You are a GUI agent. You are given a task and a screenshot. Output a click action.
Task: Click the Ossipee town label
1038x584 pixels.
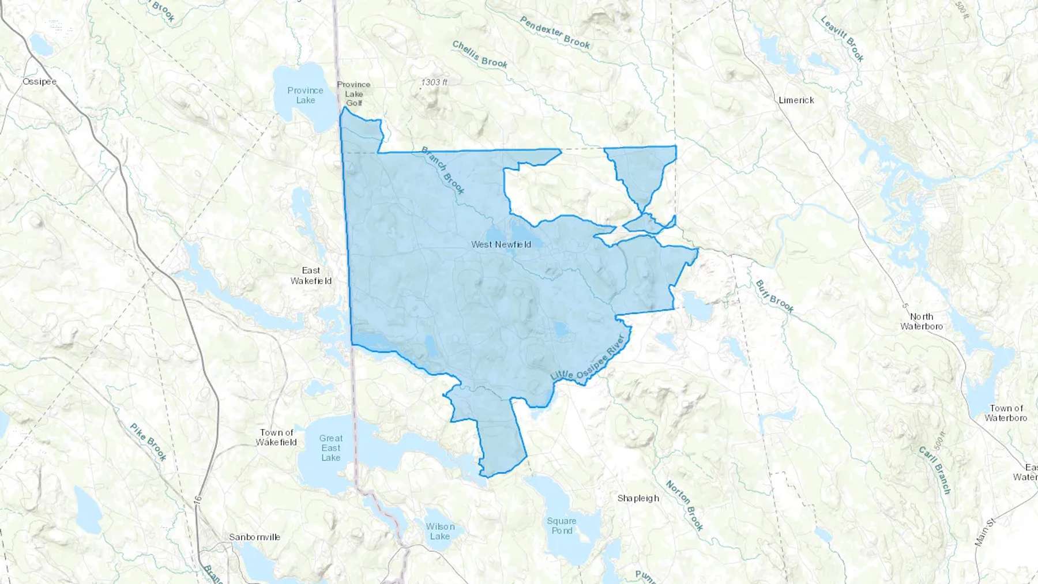coord(39,82)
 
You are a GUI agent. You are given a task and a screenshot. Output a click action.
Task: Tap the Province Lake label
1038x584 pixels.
coord(305,95)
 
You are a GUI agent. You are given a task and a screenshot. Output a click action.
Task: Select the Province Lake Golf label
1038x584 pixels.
coord(353,93)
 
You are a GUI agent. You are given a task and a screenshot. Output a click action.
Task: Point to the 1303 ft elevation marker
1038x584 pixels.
coord(434,82)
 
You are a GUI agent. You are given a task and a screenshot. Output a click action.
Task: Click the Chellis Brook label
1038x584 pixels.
coord(480,54)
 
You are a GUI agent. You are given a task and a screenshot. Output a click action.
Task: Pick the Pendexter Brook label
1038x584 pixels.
coord(555,32)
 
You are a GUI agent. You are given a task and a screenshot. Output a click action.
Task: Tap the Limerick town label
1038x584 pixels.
coord(796,100)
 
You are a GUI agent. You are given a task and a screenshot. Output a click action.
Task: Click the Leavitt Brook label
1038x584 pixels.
coord(842,38)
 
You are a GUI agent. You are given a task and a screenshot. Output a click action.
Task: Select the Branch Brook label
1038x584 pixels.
coord(443,170)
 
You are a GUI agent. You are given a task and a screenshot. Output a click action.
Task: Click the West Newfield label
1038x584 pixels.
coord(501,244)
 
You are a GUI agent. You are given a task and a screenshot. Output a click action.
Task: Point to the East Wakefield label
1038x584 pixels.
coord(311,276)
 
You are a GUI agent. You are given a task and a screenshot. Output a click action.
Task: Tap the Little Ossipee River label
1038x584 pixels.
coord(588,357)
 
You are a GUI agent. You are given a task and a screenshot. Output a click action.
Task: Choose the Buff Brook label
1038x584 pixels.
coord(774,296)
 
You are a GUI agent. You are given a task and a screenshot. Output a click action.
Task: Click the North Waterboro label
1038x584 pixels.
coord(922,321)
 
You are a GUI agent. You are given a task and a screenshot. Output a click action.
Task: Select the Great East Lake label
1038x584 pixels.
coord(330,448)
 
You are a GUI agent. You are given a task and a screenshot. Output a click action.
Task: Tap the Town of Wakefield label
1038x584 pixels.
coord(276,437)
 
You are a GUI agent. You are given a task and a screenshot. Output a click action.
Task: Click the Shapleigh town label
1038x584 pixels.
coord(638,498)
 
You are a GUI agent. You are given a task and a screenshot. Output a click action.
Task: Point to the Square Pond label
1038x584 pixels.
coord(561,526)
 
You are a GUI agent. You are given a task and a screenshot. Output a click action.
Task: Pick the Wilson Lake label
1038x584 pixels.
coord(440,531)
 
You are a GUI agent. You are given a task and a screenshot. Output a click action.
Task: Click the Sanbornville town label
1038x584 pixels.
coord(254,537)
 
